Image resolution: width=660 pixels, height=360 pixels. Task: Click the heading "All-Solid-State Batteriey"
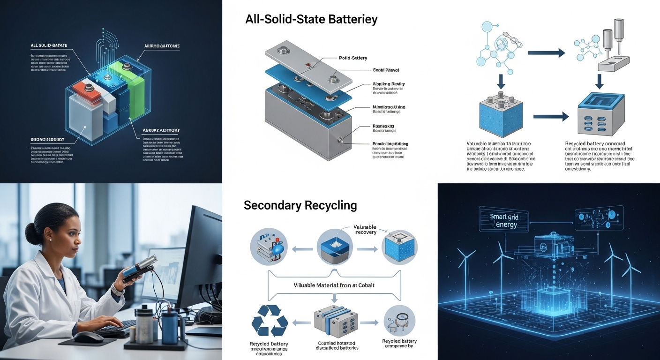coord(311,20)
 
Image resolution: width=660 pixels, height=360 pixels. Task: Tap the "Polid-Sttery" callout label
coord(352,58)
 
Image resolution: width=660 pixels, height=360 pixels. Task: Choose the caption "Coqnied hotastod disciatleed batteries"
coord(336,345)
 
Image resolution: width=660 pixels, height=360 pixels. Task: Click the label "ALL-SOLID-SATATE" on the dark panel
coord(49,45)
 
